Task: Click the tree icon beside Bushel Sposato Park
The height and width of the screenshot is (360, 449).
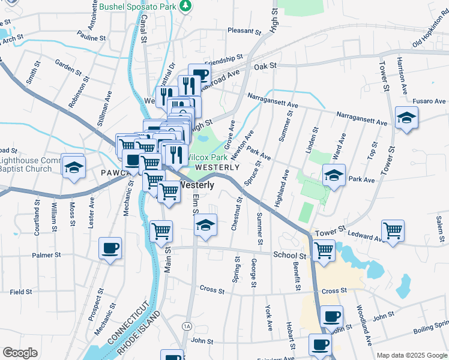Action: (x=187, y=6)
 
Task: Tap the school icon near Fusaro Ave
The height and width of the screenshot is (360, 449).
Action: (x=406, y=117)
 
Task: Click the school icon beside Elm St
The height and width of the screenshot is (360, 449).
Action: (x=205, y=226)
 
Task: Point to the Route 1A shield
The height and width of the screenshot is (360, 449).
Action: (x=187, y=325)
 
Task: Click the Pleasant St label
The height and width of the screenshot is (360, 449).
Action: (x=242, y=31)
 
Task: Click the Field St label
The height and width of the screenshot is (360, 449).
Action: (x=20, y=292)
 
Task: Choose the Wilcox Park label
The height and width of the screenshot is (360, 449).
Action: (x=205, y=157)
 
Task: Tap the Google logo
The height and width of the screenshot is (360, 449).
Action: (x=20, y=353)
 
